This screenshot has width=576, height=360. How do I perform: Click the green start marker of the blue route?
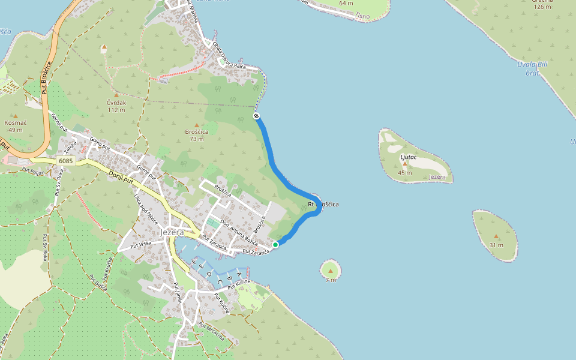(x=275, y=244)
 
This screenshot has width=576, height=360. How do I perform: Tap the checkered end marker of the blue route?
(x=257, y=115)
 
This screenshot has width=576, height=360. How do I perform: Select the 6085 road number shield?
(x=66, y=161)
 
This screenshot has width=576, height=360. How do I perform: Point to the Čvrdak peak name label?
(x=116, y=103)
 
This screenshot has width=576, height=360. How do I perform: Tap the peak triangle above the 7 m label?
(x=330, y=271)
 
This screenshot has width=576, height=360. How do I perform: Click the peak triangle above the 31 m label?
(x=496, y=237)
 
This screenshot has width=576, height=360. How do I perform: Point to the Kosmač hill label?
(x=16, y=122)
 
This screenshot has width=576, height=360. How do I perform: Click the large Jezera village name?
(x=173, y=232)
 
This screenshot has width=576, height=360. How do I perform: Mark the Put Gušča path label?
(x=98, y=283)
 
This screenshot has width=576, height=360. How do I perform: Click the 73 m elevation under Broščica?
(x=196, y=139)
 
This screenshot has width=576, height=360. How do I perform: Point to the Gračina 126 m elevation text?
(x=542, y=7)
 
